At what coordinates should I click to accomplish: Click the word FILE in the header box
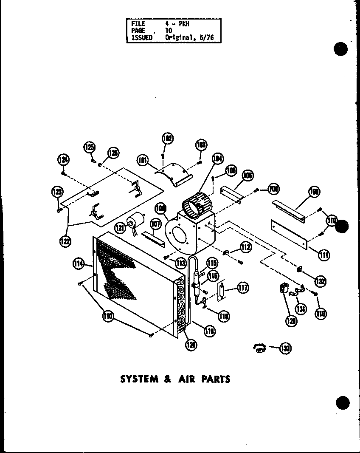pos(138,24)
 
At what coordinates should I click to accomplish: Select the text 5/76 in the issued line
pos(206,37)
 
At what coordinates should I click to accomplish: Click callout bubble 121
pos(120,228)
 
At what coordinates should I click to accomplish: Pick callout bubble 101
pos(142,160)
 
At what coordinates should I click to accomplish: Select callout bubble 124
pos(63,160)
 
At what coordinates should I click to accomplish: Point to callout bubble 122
pos(65,241)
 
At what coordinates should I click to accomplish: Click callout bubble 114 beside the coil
pos(79,264)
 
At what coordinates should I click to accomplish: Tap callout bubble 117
pos(242,288)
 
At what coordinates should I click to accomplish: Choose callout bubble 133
pos(286,348)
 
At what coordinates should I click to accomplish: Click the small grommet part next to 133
pos(259,348)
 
